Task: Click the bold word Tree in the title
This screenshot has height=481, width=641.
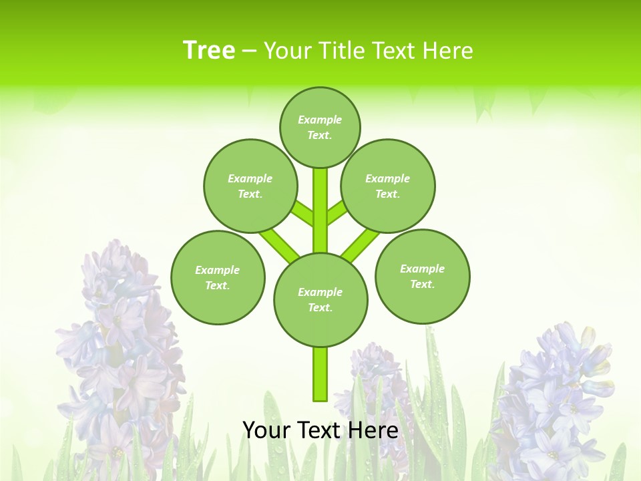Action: point(209,51)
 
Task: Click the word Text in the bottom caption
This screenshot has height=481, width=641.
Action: point(319,430)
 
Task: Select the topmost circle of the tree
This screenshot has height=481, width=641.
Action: point(320,127)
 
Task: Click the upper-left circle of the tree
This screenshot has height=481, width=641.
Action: point(250,186)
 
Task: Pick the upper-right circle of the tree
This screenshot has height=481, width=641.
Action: point(388,186)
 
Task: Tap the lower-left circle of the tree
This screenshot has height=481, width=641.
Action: point(218,277)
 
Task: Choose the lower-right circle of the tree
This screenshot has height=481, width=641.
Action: point(422,276)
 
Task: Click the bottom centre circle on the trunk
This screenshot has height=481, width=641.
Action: point(320,299)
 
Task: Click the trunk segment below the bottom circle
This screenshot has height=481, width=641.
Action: point(320,374)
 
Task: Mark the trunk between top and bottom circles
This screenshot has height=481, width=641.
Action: point(320,210)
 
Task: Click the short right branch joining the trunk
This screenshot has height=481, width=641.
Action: point(337,213)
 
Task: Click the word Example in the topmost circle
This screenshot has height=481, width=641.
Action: point(320,120)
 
